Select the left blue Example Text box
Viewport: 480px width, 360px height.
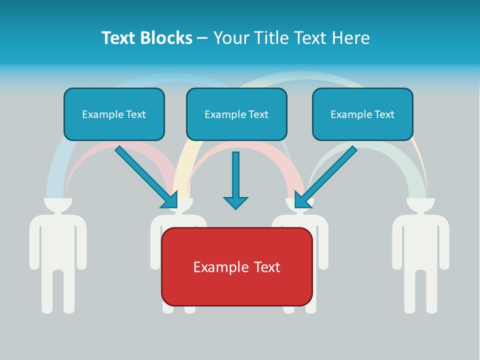click(114, 114)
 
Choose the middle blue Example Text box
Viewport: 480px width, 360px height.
click(236, 114)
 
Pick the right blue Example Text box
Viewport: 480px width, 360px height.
click(362, 114)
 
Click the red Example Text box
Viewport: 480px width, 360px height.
click(236, 266)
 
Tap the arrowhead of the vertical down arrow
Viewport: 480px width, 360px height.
click(235, 202)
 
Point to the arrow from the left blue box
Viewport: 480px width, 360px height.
click(145, 176)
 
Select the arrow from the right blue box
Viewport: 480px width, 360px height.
click(327, 175)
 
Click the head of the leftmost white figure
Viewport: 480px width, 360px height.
click(58, 204)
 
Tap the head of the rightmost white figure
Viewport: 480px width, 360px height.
click(420, 204)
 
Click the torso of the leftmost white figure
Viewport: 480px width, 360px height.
click(58, 240)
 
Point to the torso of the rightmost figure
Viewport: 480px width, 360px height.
click(420, 240)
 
